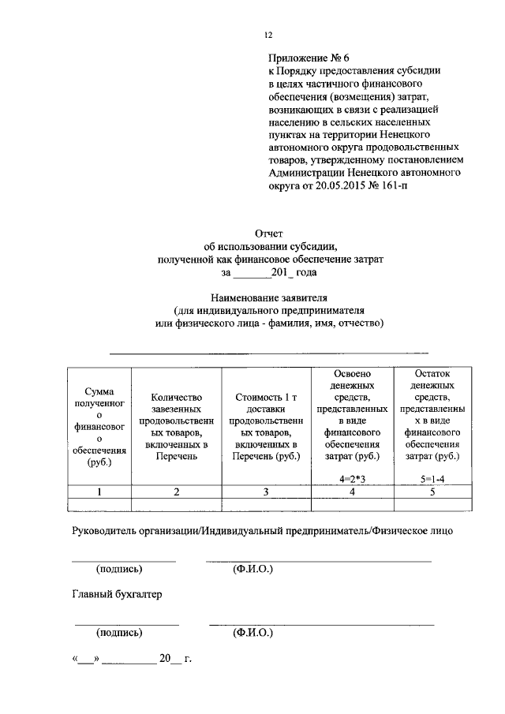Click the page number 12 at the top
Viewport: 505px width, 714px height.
coord(267,34)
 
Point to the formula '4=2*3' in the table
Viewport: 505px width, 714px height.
coord(353,478)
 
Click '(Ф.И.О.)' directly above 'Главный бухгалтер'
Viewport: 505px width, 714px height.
coord(252,568)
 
